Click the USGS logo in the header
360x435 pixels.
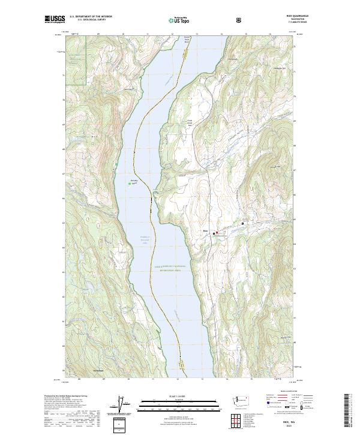55,20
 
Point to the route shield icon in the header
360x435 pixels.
239,20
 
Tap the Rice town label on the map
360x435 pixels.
205,229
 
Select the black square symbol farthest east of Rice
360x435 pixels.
243,224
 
